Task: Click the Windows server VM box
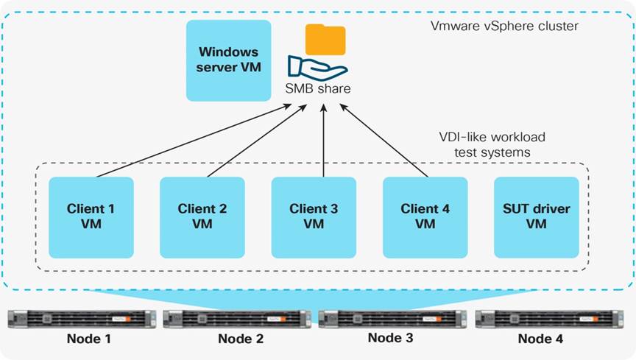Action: click(228, 60)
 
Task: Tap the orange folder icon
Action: click(325, 40)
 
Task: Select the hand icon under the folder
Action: click(317, 68)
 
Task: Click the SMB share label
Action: click(318, 88)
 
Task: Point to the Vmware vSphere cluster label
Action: click(504, 26)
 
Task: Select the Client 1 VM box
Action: click(91, 217)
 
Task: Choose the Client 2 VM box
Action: click(202, 217)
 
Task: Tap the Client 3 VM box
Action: click(314, 217)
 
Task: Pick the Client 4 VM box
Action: click(425, 217)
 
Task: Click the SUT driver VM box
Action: click(537, 217)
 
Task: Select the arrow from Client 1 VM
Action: click(191, 141)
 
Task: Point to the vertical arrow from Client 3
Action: click(324, 141)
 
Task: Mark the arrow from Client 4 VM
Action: click(384, 141)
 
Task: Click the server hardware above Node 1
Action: click(82, 319)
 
